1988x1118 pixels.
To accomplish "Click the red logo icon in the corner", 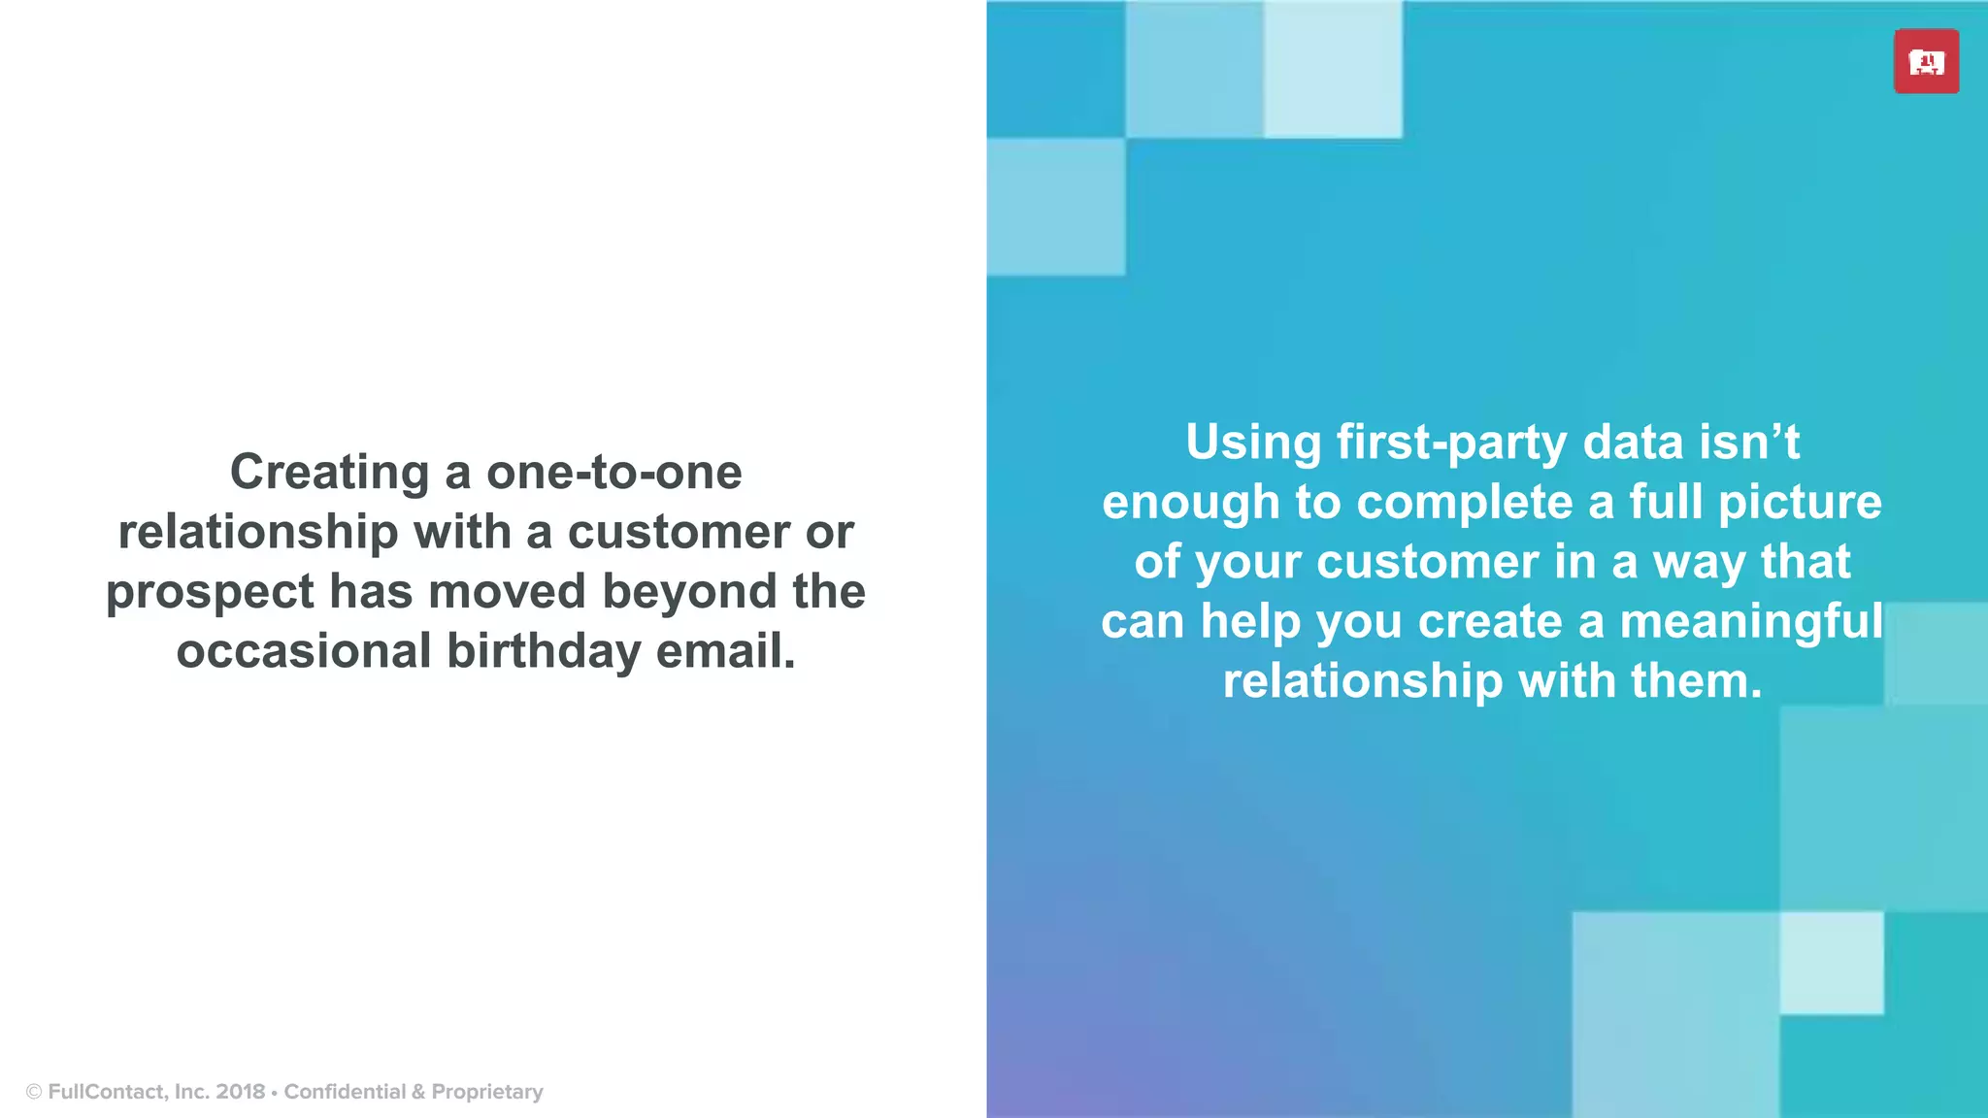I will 1926,62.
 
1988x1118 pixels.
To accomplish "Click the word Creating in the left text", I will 329,473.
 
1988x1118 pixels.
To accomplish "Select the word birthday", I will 544,651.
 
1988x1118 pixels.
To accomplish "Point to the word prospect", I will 210,592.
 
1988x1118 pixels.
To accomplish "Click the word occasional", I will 303,651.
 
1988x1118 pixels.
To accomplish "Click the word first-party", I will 1451,444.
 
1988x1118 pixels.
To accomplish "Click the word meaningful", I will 1751,622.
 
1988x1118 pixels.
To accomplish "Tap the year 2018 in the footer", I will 241,1092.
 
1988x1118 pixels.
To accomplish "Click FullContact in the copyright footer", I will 107,1092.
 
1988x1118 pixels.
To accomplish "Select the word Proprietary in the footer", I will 487,1092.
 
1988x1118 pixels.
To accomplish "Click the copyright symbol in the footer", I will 34,1092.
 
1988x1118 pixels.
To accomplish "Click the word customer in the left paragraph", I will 679,533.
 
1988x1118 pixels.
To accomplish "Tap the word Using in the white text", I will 1252,444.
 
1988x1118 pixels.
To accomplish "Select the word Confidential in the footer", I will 345,1092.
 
